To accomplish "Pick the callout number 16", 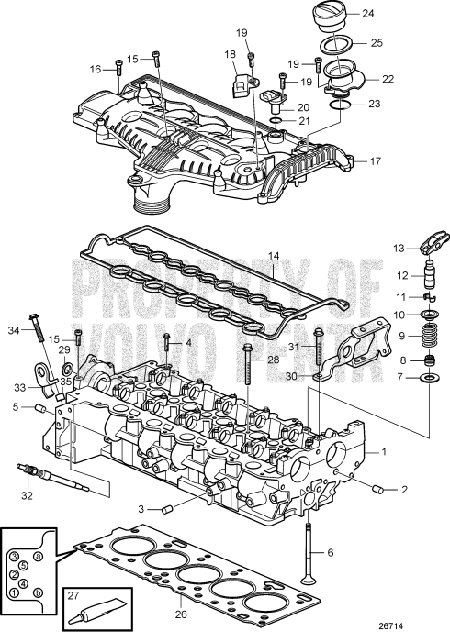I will click(x=95, y=69).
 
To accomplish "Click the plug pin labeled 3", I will click(x=164, y=509).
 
